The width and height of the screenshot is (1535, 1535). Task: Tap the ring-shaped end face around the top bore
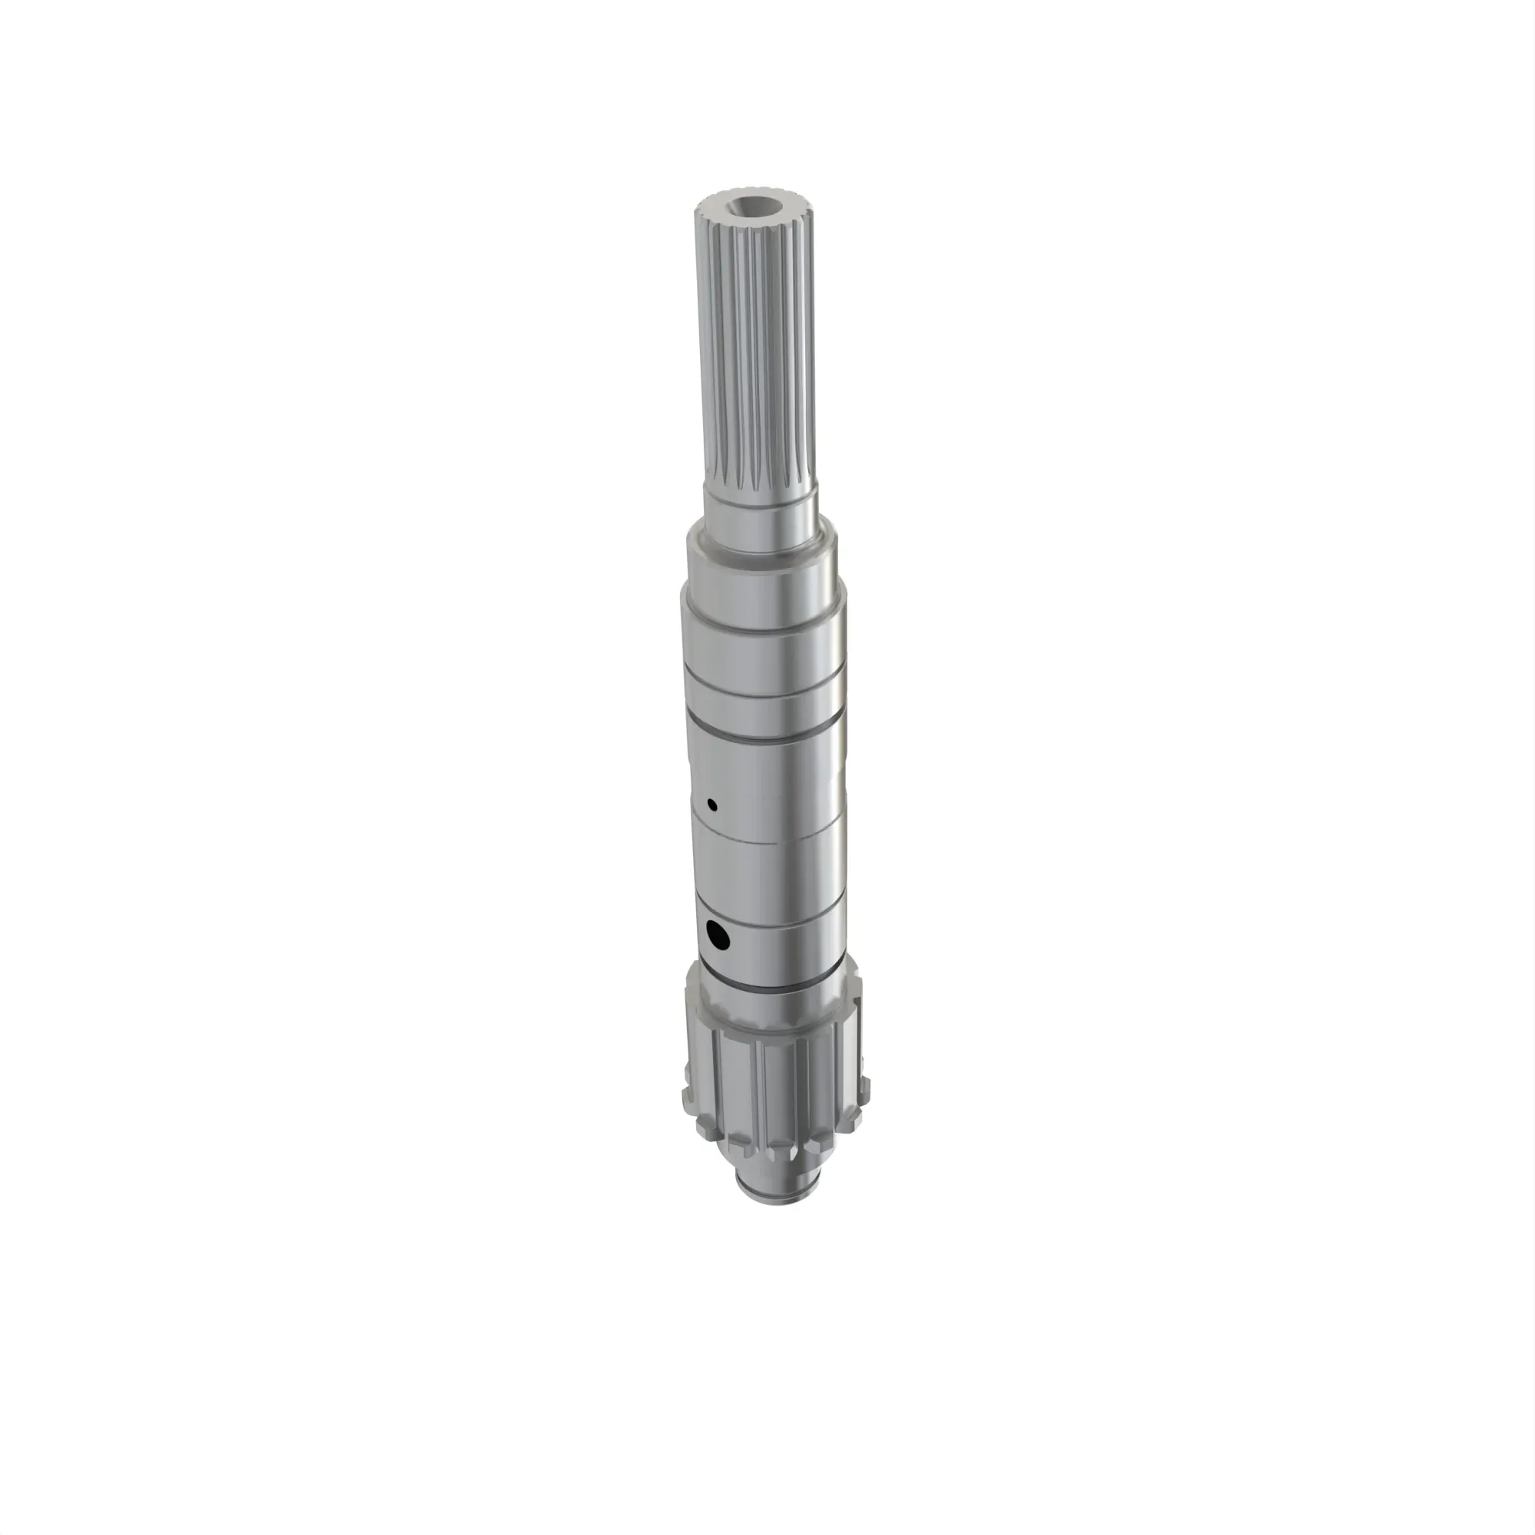pyautogui.click(x=725, y=209)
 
